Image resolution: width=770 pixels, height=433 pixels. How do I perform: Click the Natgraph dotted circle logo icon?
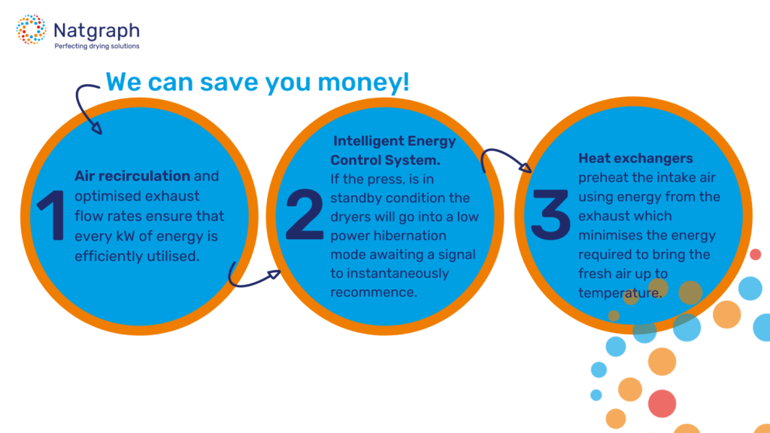[31, 29]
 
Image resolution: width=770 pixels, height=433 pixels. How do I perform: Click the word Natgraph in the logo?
[96, 31]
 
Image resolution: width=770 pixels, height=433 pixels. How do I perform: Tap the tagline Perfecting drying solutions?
[97, 46]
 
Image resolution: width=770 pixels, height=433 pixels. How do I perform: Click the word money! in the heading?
[363, 82]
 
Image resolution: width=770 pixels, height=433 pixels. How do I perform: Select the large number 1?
[51, 215]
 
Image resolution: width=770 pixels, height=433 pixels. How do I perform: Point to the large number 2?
[305, 214]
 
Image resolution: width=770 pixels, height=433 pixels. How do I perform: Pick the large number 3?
[550, 214]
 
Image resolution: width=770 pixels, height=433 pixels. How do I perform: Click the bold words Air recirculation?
[132, 176]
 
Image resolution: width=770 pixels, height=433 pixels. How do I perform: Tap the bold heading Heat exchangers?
[635, 158]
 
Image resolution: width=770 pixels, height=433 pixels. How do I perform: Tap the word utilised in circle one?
[174, 256]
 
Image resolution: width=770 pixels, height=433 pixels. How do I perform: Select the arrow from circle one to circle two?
[250, 283]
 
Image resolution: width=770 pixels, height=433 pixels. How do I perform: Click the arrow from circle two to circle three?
[503, 153]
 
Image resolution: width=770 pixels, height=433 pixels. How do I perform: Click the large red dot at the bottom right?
[662, 404]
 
